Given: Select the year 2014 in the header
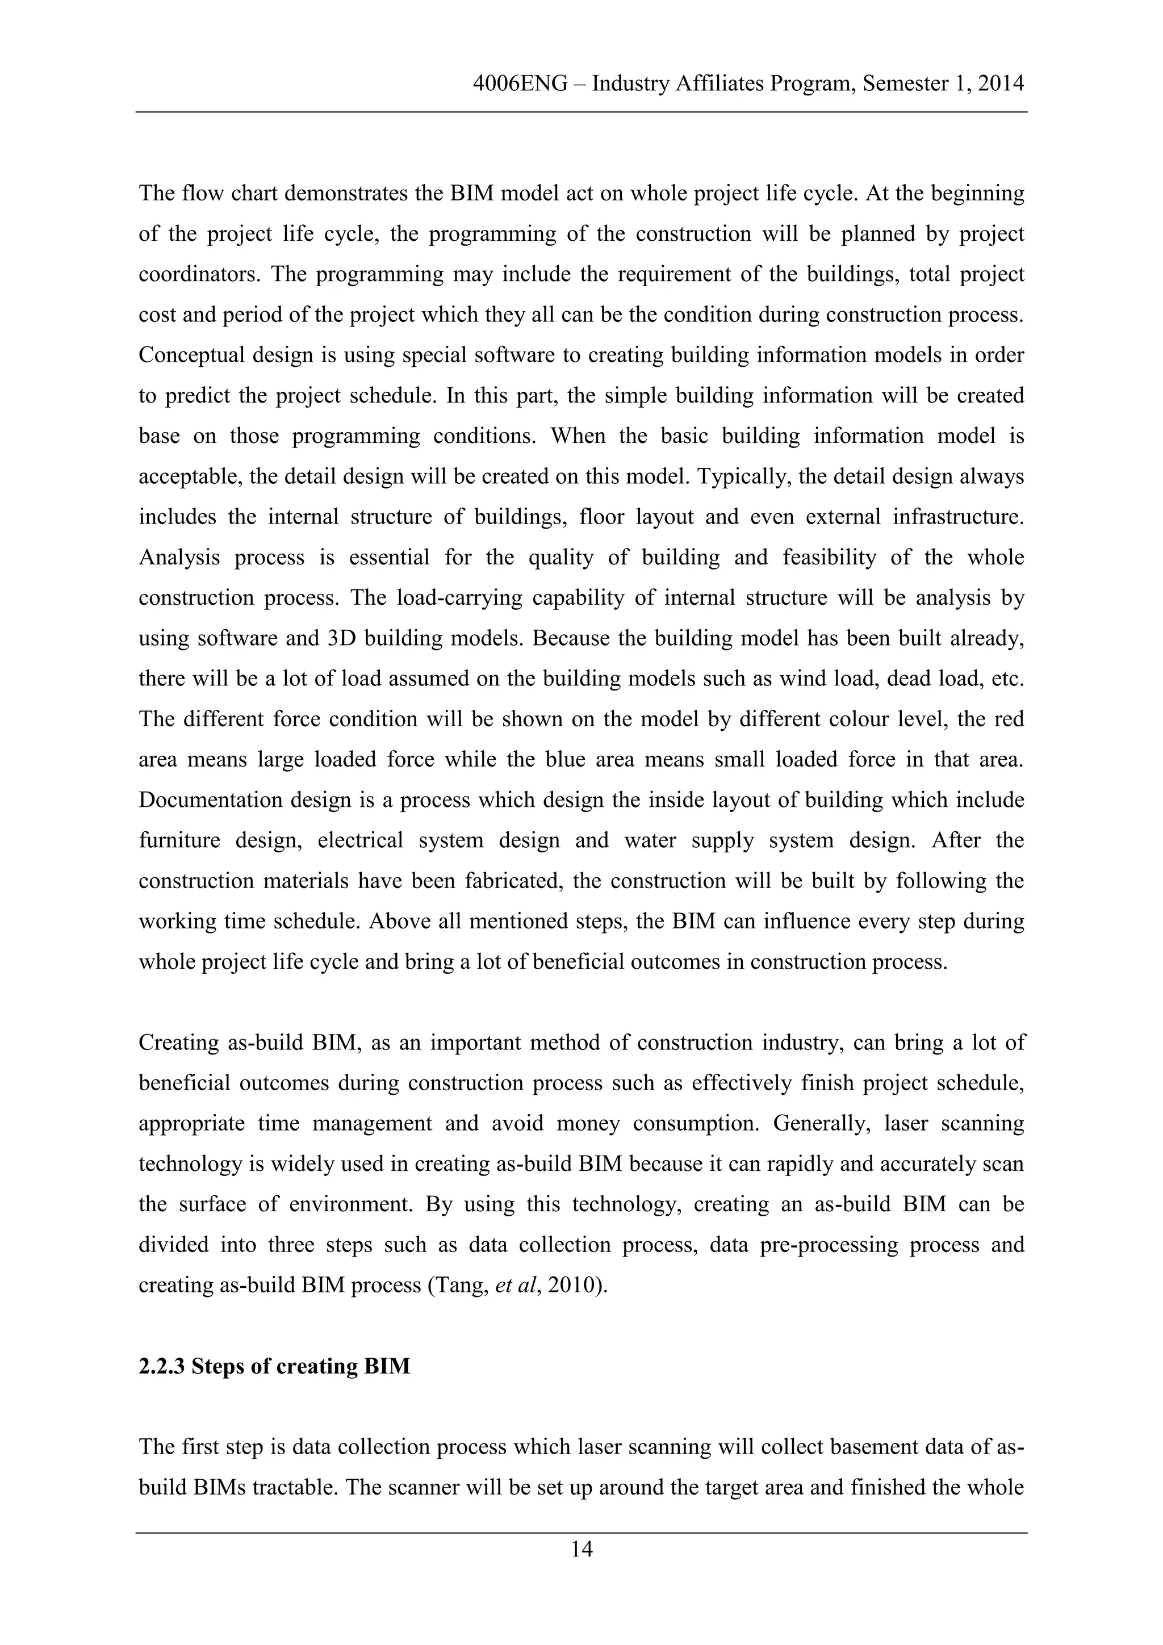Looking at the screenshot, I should click(x=1001, y=85).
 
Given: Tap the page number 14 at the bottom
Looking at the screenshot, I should click(x=581, y=1550).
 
